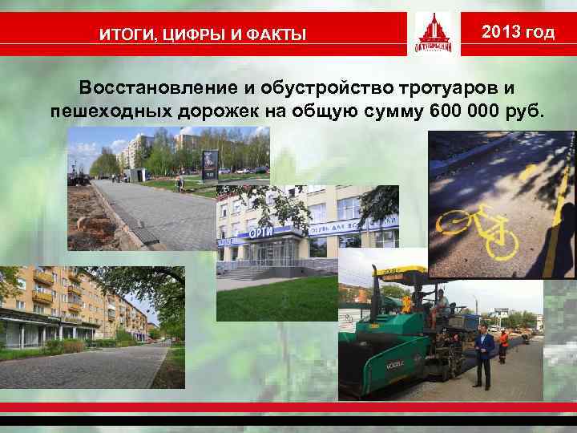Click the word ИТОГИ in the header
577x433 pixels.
[x=121, y=34]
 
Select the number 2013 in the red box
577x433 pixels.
[x=502, y=32]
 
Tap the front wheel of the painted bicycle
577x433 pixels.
[x=502, y=237]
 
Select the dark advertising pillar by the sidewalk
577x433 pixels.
[x=208, y=164]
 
